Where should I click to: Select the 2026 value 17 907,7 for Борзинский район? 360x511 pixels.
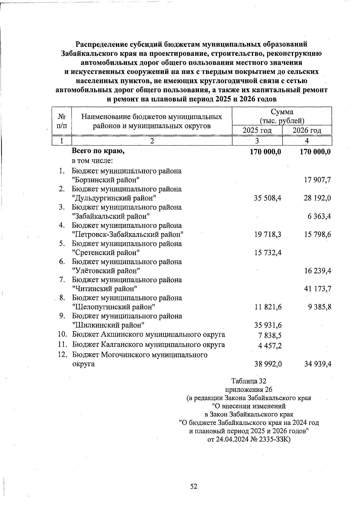pyautogui.click(x=317, y=180)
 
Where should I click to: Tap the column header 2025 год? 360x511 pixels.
pyautogui.click(x=257, y=130)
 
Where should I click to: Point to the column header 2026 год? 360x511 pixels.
pyautogui.click(x=307, y=130)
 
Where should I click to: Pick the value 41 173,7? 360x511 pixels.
pyautogui.click(x=317, y=289)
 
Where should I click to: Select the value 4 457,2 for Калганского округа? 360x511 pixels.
pyautogui.click(x=270, y=346)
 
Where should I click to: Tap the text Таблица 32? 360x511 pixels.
pyautogui.click(x=249, y=381)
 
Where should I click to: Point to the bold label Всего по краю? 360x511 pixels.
pyautogui.click(x=98, y=151)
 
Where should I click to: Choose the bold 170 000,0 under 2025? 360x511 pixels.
pyautogui.click(x=265, y=152)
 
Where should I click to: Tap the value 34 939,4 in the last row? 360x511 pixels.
pyautogui.click(x=317, y=364)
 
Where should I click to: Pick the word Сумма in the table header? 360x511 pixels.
pyautogui.click(x=282, y=112)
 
